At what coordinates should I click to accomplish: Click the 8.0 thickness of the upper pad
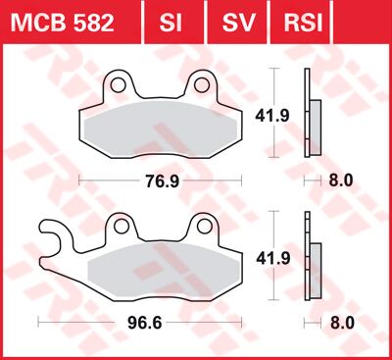340,180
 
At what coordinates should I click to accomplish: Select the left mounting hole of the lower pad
121,227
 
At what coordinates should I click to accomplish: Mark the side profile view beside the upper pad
315,125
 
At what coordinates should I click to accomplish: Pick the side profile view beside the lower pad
315,266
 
